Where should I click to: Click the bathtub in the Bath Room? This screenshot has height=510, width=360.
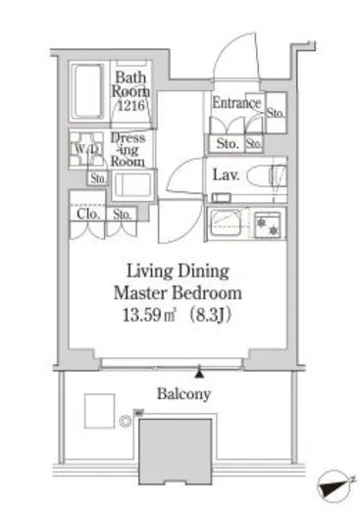click(x=87, y=91)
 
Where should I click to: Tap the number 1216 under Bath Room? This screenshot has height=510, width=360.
click(x=131, y=105)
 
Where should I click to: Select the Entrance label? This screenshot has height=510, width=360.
click(x=236, y=103)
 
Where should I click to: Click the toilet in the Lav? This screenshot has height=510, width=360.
click(x=267, y=176)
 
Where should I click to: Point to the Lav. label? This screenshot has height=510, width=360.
click(x=226, y=175)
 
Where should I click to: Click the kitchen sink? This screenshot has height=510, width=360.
click(x=226, y=223)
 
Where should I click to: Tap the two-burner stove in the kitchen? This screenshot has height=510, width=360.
click(x=268, y=225)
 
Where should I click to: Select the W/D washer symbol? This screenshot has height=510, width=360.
click(x=86, y=149)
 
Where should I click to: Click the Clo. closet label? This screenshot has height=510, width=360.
click(x=88, y=214)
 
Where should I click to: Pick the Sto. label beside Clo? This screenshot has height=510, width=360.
click(x=122, y=214)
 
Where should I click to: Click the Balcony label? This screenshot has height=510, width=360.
click(x=183, y=393)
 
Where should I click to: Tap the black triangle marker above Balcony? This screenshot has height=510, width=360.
click(x=199, y=374)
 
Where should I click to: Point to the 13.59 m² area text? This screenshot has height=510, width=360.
click(x=149, y=315)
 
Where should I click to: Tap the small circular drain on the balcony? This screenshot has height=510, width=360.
click(x=126, y=421)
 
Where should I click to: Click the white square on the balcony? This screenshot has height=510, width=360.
click(x=99, y=411)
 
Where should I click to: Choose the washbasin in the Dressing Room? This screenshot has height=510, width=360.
click(x=132, y=184)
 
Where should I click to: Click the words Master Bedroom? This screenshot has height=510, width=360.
click(x=178, y=293)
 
